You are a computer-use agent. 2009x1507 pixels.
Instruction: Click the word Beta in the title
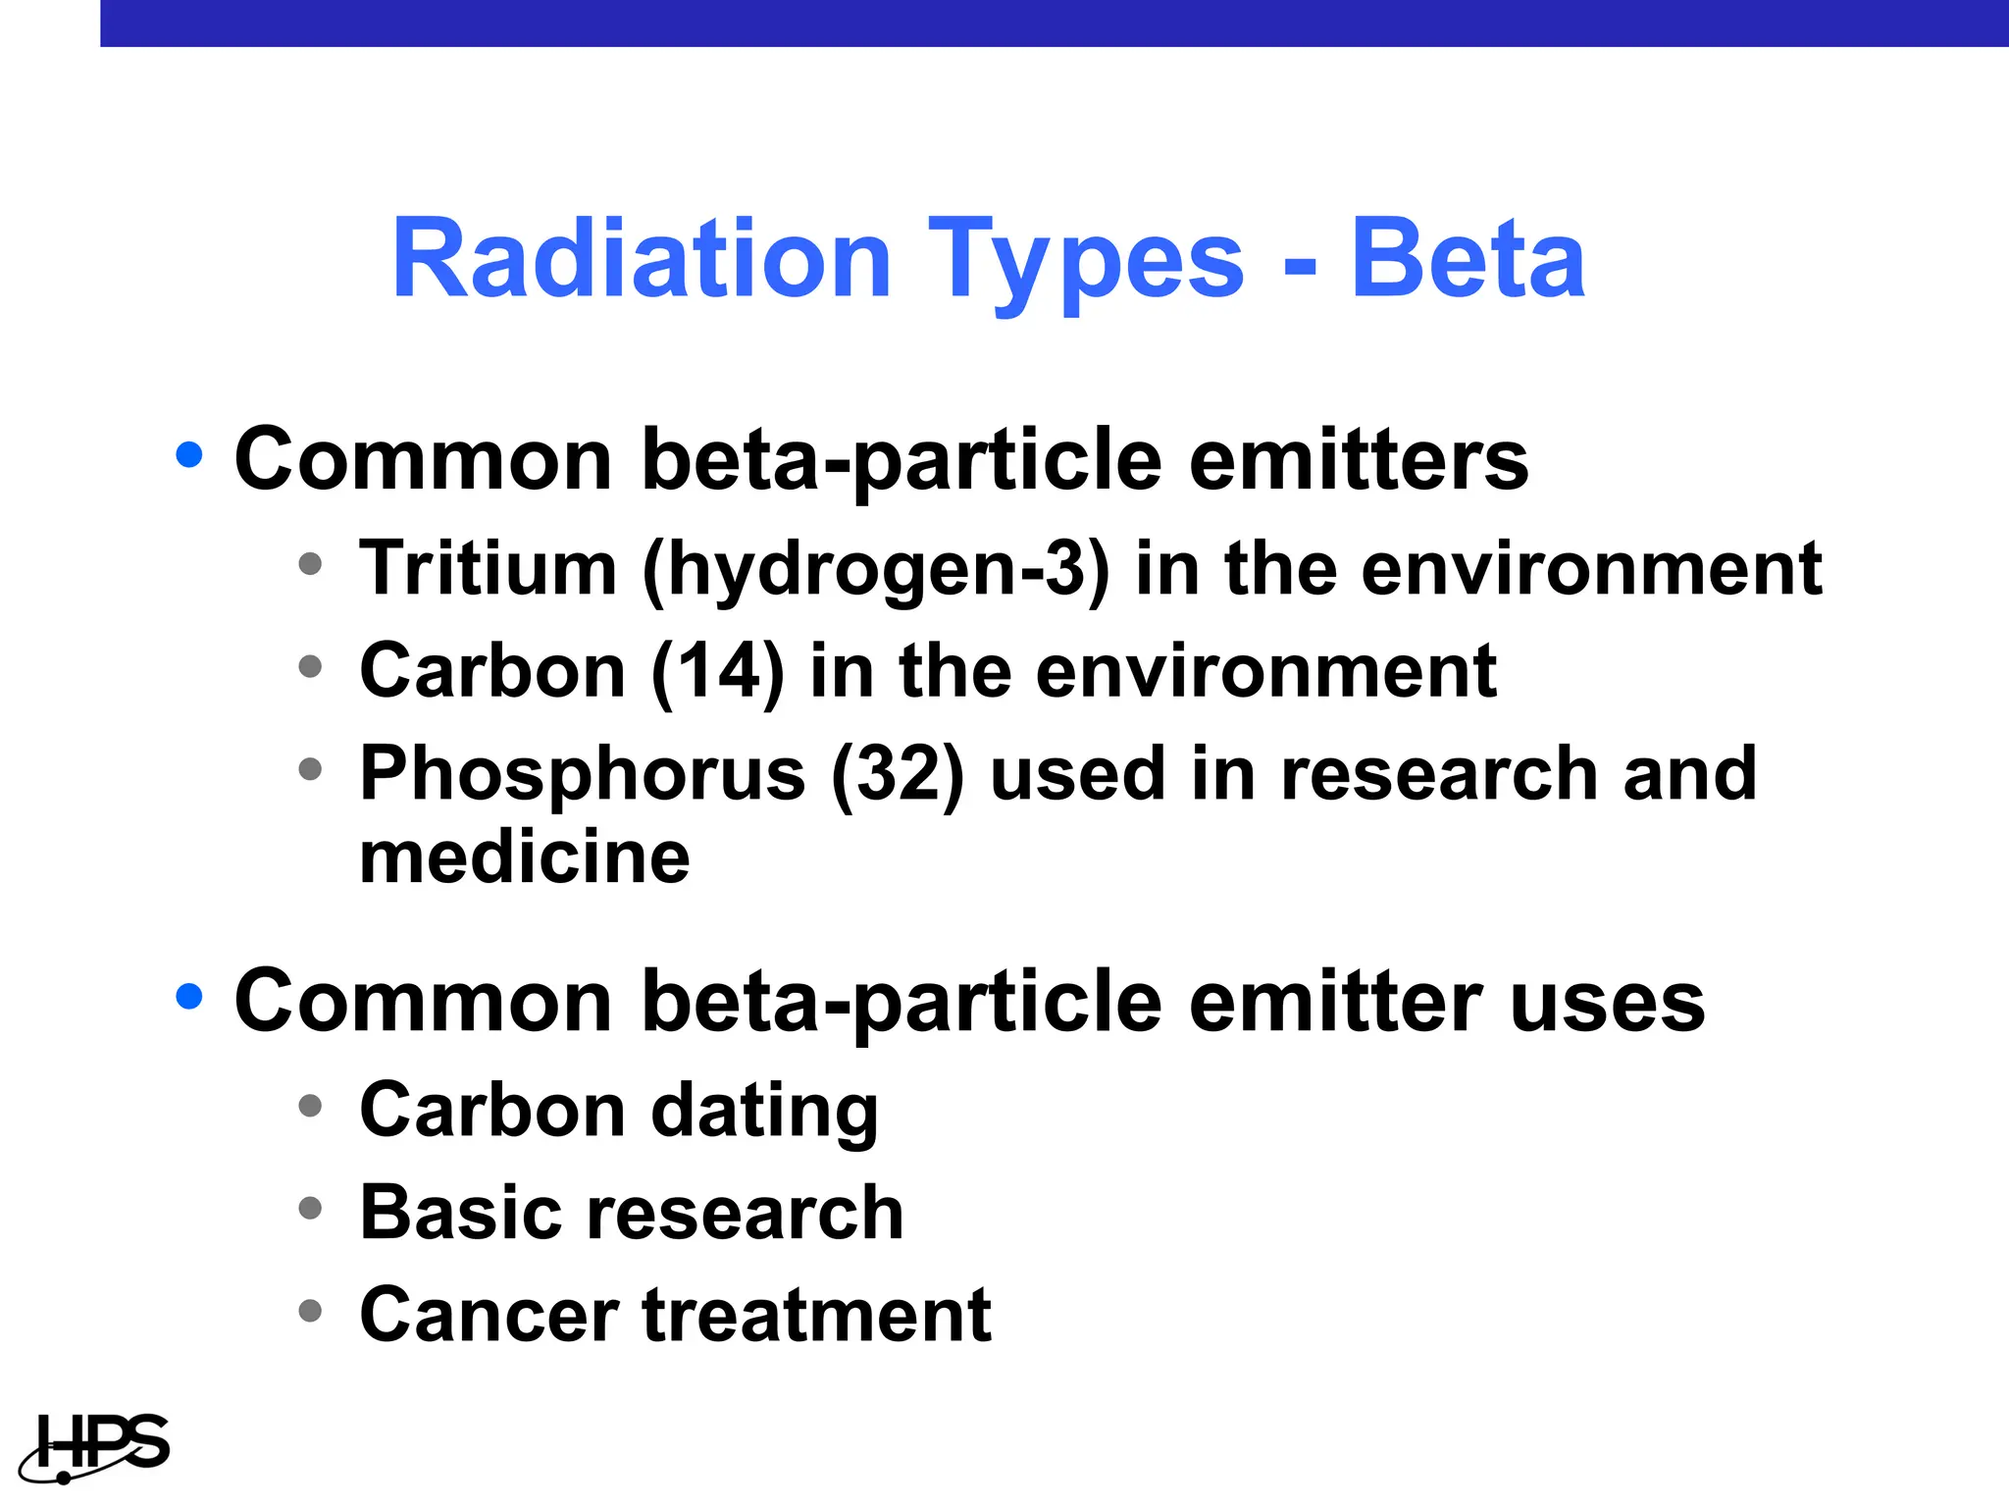[x=1468, y=259]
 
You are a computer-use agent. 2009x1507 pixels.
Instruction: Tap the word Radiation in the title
[x=642, y=259]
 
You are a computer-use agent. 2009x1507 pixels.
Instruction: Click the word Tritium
[x=488, y=568]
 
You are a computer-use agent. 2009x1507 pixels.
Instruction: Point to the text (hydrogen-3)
[x=876, y=572]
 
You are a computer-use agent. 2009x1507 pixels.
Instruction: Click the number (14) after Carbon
[x=718, y=671]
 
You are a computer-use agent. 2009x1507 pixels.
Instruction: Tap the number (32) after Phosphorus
[x=898, y=775]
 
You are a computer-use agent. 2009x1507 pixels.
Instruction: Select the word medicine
[x=525, y=857]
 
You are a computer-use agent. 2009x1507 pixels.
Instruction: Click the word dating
[x=765, y=1113]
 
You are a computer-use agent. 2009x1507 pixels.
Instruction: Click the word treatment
[x=817, y=1315]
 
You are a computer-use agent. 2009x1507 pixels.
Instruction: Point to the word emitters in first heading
[x=1359, y=460]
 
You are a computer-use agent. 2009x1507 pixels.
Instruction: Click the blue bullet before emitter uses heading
[x=189, y=997]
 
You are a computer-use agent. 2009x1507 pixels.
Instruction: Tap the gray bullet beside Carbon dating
[x=310, y=1107]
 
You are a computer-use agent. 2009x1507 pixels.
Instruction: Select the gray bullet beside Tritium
[x=310, y=564]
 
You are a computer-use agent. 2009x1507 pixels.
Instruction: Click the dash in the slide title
[x=1300, y=265]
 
